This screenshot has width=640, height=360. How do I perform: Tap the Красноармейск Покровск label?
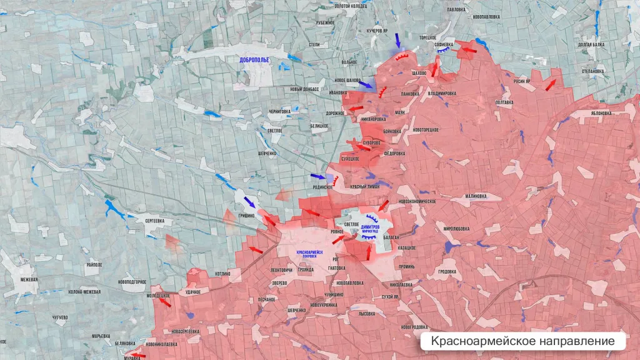point(311,252)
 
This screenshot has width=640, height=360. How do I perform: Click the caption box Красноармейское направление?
point(522,341)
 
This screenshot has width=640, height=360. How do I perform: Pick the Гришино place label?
point(246,215)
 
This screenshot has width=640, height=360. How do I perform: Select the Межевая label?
point(29,279)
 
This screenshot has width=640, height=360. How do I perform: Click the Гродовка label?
point(446,272)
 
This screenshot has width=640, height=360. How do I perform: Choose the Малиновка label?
point(475,196)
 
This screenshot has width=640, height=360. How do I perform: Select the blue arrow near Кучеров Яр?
point(397,40)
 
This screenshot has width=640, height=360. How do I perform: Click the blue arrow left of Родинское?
point(318,177)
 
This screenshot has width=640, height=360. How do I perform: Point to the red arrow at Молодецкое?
point(164,302)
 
